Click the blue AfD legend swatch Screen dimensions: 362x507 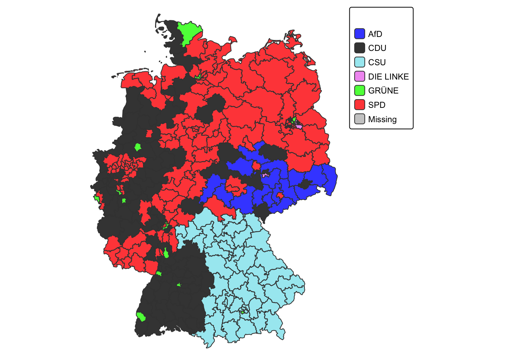360,34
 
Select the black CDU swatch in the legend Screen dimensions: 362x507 360,48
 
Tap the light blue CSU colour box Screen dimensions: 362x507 360,62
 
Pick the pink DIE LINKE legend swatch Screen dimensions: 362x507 360,76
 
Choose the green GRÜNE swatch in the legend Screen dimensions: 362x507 360,90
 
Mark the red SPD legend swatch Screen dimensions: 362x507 360,105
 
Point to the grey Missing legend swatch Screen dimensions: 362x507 360,119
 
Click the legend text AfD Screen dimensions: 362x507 375,34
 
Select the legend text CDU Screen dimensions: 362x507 377,48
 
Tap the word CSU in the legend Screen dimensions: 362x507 376,62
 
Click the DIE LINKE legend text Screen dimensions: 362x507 388,77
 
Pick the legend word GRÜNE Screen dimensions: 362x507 383,91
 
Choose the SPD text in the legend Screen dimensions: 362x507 376,105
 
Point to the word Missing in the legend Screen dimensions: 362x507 382,119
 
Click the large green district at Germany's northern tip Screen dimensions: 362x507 189,32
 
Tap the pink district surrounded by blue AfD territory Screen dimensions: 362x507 265,175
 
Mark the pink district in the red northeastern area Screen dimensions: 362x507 299,126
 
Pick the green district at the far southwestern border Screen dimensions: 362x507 141,317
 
